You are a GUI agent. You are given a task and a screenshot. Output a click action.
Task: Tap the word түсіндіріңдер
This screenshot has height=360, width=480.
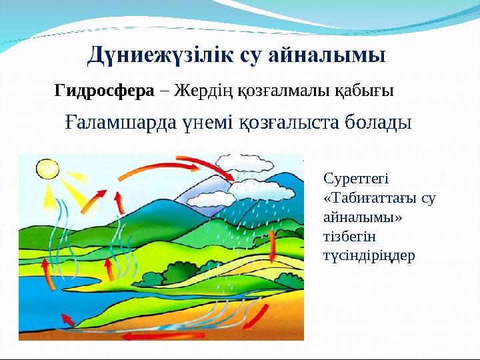pyautogui.click(x=369, y=256)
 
